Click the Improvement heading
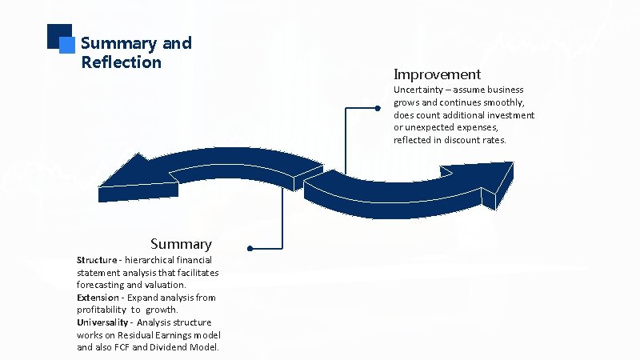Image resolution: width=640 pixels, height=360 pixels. pos(437,74)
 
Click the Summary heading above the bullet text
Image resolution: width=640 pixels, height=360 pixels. pos(181,244)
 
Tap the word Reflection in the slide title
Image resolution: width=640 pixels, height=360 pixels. pos(121,62)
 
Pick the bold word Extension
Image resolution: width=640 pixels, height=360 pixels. pos(98,298)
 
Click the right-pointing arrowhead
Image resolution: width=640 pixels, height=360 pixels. pos(485,178)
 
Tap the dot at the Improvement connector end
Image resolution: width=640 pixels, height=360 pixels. pos(377,108)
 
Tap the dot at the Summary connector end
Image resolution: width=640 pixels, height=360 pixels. pos(250,248)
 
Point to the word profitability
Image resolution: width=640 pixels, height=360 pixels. pos(102,310)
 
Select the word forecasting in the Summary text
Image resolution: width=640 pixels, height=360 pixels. pos(101,285)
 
